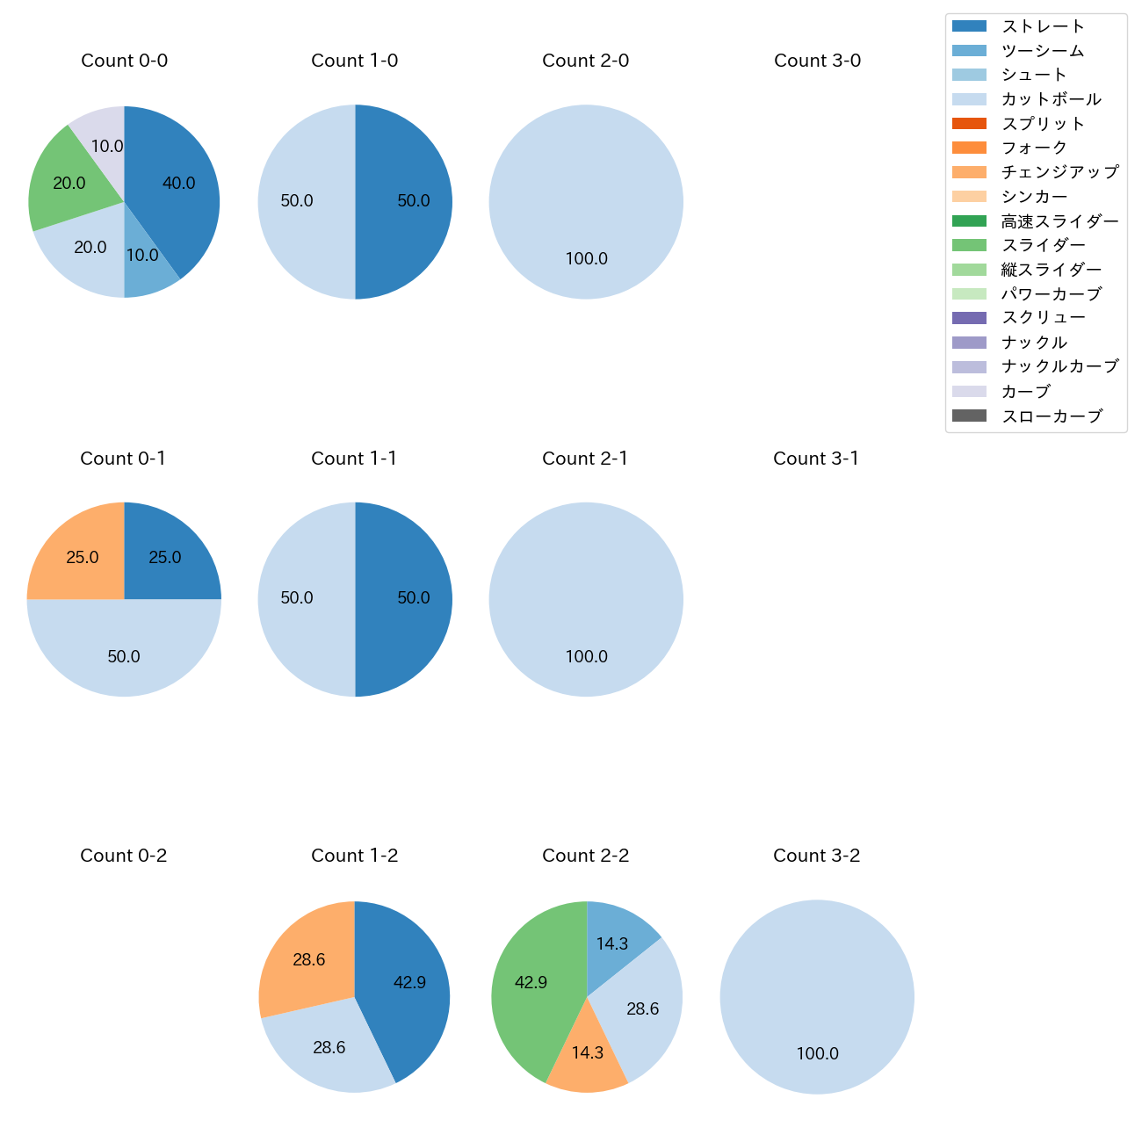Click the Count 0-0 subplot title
pyautogui.click(x=124, y=61)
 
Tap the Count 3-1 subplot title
pyautogui.click(x=816, y=459)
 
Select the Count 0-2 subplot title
pyautogui.click(x=123, y=856)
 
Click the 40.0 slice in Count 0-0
pyautogui.click(x=176, y=184)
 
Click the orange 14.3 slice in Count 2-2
pyautogui.click(x=587, y=1054)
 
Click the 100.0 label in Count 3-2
pyautogui.click(x=817, y=1054)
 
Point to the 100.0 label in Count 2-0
pyautogui.click(x=586, y=259)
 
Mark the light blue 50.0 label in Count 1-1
pyautogui.click(x=297, y=598)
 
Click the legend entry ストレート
pyautogui.click(x=1043, y=26)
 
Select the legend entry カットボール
pyautogui.click(x=1051, y=99)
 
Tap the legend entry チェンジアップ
pyautogui.click(x=1059, y=172)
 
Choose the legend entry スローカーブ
pyautogui.click(x=1051, y=416)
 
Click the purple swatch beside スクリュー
pyautogui.click(x=969, y=318)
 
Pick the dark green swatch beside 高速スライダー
pyautogui.click(x=969, y=220)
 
